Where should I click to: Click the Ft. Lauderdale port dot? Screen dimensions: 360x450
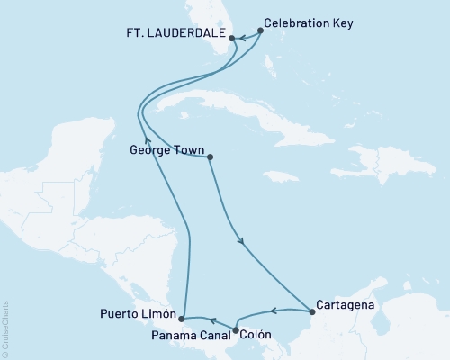pyautogui.click(x=232, y=39)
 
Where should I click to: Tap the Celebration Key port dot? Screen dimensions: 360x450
pyautogui.click(x=261, y=31)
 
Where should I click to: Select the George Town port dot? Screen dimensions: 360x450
pyautogui.click(x=210, y=158)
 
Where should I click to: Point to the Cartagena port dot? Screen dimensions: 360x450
pyautogui.click(x=312, y=312)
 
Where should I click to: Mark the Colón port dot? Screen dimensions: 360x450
pyautogui.click(x=236, y=330)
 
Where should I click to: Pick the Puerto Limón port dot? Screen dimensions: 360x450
pyautogui.click(x=182, y=319)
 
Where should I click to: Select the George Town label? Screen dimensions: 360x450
pyautogui.click(x=160, y=150)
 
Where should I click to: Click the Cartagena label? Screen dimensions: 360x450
pyautogui.click(x=346, y=304)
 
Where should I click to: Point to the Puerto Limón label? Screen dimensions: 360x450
pyautogui.click(x=136, y=314)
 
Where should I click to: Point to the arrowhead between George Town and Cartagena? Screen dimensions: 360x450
pyautogui.click(x=240, y=240)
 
